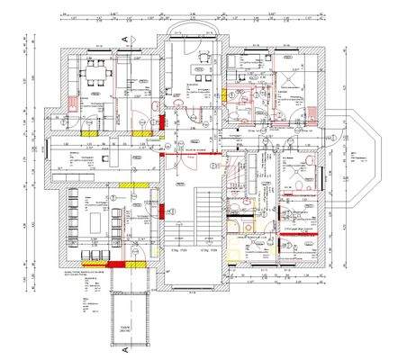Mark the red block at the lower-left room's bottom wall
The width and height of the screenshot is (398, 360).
(x=119, y=265)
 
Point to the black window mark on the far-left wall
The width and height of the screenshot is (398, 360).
(x=46, y=150)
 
